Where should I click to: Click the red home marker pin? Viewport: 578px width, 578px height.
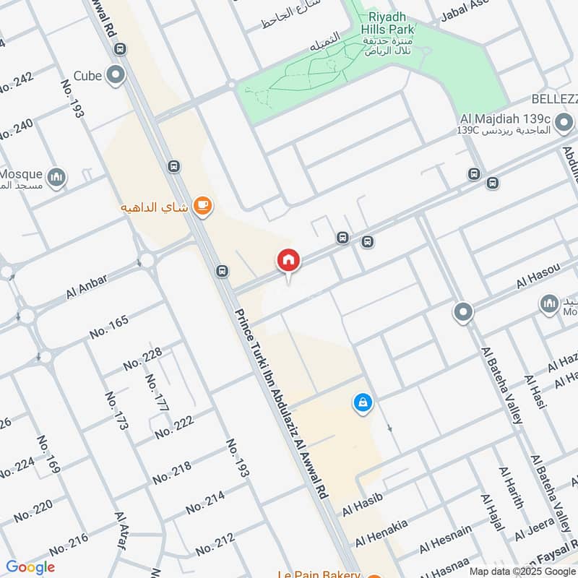288,260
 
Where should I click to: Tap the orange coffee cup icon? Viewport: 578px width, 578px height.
203,207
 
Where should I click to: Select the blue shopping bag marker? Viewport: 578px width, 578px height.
363,403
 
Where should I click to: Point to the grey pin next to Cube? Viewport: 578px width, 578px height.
115,75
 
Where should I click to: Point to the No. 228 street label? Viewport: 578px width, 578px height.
142,359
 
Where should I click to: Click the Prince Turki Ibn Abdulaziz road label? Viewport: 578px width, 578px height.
282,405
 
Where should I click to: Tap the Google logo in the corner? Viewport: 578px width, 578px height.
30,567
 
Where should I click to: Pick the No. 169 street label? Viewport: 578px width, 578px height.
48,454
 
